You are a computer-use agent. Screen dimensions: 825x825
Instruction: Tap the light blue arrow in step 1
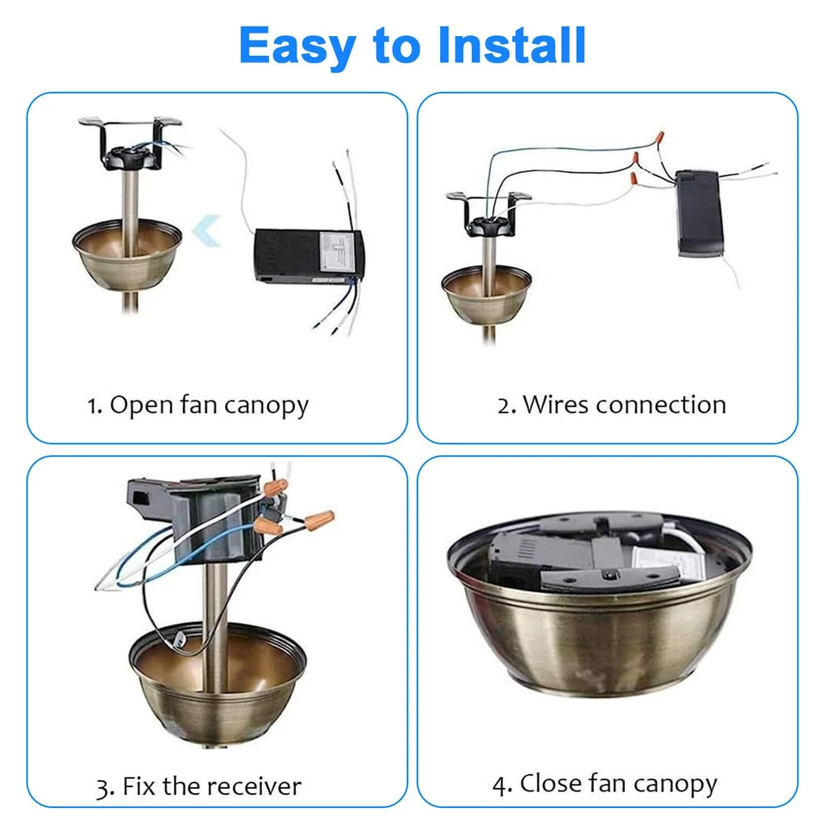pos(205,231)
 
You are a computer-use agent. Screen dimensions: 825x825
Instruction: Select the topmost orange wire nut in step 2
pos(661,137)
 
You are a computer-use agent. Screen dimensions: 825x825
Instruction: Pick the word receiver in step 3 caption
pos(255,786)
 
